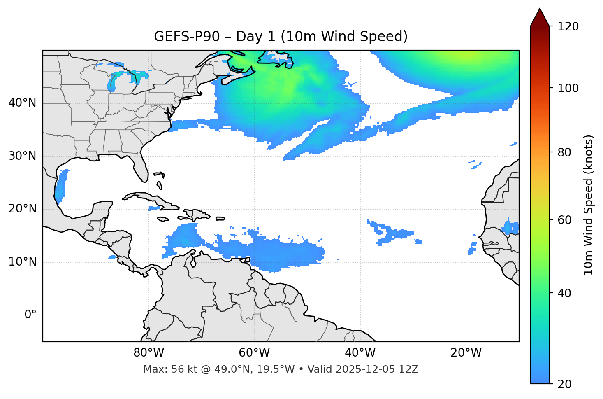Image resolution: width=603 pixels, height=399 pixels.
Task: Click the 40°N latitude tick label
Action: (x=22, y=103)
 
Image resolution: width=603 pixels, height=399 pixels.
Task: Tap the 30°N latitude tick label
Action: (x=22, y=156)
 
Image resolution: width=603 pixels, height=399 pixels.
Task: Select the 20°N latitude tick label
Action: (x=22, y=209)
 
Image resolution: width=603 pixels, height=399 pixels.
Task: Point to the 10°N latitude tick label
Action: (x=22, y=262)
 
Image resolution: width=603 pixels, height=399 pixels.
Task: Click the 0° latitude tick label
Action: (x=30, y=315)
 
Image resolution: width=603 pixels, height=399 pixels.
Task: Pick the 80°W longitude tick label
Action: (x=148, y=353)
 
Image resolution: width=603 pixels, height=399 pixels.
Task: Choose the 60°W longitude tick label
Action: (x=254, y=353)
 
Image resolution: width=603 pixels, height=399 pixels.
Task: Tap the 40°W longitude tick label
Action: (x=360, y=353)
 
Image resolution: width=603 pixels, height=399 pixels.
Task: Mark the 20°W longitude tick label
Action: (x=466, y=353)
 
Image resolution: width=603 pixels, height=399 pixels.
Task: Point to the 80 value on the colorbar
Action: (x=564, y=153)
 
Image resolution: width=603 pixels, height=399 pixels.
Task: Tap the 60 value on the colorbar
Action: (x=564, y=220)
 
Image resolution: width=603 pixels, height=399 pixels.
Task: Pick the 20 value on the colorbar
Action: (x=564, y=384)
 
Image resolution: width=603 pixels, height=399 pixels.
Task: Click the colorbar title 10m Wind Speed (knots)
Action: (x=589, y=205)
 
